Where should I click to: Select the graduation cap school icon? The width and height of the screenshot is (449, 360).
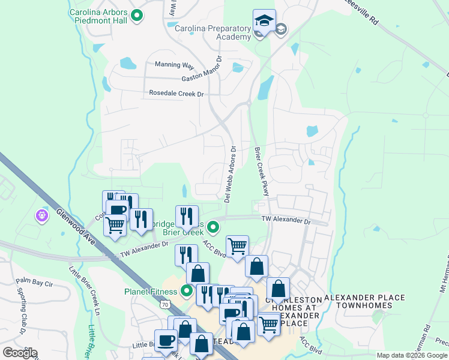pyautogui.click(x=264, y=22)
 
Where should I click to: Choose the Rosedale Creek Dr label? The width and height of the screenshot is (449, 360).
pyautogui.click(x=176, y=94)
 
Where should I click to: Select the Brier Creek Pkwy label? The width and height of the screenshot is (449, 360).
pyautogui.click(x=261, y=171)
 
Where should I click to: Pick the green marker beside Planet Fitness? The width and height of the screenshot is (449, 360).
pyautogui.click(x=187, y=292)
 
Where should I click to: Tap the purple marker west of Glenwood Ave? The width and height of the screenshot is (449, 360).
pyautogui.click(x=42, y=215)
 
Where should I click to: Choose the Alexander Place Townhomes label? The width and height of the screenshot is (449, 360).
pyautogui.click(x=364, y=302)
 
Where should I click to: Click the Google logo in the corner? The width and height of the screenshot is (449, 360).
pyautogui.click(x=20, y=353)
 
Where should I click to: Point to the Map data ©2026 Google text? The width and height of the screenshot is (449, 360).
pyautogui.click(x=411, y=355)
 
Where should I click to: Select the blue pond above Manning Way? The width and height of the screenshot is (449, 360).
pyautogui.click(x=128, y=62)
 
